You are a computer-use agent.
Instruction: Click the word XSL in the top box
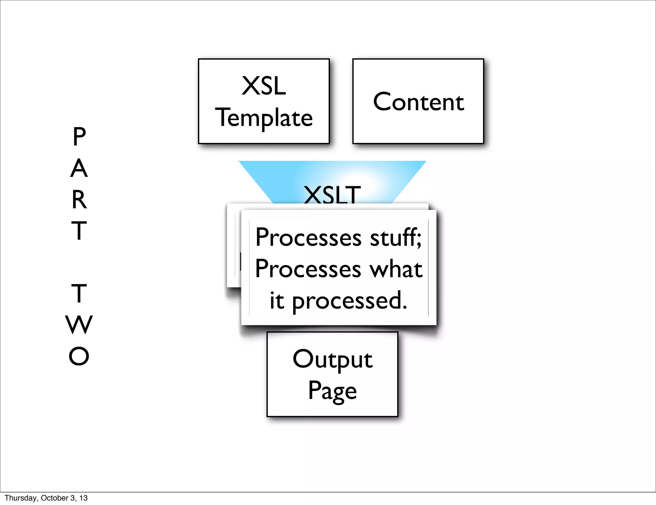[264, 86]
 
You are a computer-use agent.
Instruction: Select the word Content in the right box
[418, 102]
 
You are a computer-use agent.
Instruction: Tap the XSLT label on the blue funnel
[332, 195]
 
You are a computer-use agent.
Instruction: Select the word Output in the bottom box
[332, 359]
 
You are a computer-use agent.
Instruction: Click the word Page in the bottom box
[332, 391]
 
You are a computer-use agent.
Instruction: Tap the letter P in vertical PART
[79, 137]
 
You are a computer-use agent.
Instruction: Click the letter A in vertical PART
[79, 168]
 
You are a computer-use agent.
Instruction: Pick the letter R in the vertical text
[79, 200]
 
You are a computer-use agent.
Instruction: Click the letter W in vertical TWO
[79, 325]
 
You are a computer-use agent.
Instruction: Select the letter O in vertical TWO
[79, 356]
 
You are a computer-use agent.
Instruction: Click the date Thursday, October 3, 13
[46, 498]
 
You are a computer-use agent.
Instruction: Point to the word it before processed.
[277, 301]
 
